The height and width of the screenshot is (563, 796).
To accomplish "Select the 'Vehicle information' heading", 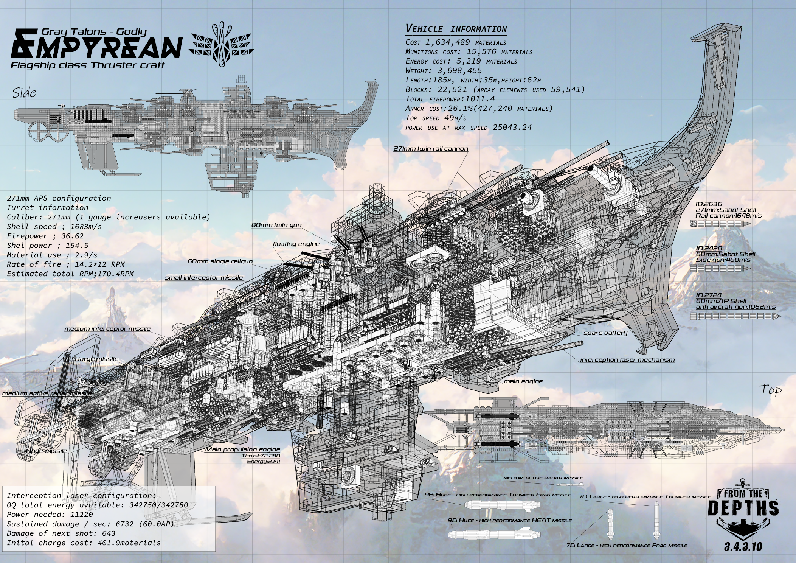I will point(456,29).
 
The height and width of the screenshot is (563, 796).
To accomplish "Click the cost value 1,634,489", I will point(448,42).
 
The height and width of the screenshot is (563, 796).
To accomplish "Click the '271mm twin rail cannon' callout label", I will point(431,149).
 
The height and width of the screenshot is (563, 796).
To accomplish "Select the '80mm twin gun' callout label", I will point(276,225).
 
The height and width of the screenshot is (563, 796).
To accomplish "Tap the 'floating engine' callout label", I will point(296,244).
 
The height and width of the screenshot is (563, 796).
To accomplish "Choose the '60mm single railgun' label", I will point(220,261).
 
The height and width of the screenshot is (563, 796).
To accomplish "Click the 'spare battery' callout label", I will point(605,333).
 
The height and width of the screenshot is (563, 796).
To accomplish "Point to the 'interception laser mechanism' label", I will point(627,360).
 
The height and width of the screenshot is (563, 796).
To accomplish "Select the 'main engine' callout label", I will point(523,381).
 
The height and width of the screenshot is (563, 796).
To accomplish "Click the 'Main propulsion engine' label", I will point(242,449).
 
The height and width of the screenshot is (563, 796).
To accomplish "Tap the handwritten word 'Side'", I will point(24,93).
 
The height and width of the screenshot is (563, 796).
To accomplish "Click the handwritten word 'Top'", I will point(770,390).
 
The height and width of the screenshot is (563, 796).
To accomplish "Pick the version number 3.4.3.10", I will point(743,547).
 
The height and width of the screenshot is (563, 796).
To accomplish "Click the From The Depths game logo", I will point(743,511).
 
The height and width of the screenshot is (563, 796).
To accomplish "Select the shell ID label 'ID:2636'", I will point(709,204).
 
